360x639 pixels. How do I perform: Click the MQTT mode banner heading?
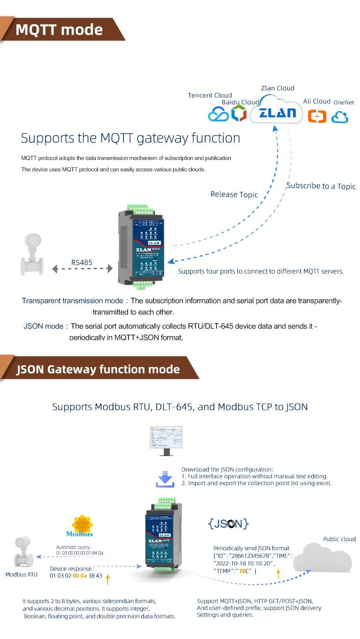coord(59,30)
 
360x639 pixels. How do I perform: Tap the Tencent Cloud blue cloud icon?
coord(218,114)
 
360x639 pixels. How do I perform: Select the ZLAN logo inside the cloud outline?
coord(277,113)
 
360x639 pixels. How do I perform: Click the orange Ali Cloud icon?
coord(317,116)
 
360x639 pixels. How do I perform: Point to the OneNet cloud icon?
coord(339,117)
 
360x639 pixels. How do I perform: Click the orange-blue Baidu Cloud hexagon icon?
coord(239,114)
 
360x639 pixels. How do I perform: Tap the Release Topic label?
coord(234,194)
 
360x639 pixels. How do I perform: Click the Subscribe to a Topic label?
coord(321,186)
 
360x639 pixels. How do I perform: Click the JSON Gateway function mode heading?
coord(98,369)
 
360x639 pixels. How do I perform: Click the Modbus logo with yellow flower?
coord(80,527)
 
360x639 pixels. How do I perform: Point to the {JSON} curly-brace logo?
coord(228,524)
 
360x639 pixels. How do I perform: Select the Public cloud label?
coord(339,539)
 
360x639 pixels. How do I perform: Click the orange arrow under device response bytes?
coord(108,580)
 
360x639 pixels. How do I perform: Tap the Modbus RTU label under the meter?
coord(21,574)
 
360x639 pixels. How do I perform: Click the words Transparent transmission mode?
coord(72,301)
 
